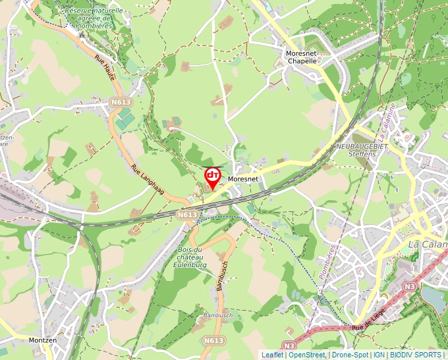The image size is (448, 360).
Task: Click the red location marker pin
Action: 212,178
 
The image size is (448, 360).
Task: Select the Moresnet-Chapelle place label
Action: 302,57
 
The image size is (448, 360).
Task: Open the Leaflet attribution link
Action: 272,355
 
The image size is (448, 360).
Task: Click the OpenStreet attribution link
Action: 307,355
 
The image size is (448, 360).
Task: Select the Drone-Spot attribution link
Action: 350,355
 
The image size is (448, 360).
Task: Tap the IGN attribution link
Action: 379,355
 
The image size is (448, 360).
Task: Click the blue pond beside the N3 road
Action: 432,297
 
